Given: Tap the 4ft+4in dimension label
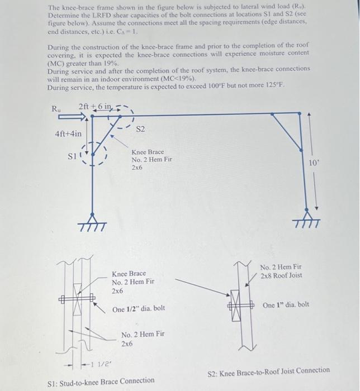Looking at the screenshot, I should click(68, 133).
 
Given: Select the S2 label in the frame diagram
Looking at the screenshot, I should click(140, 130).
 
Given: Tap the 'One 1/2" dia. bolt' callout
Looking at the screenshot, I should click(138, 309).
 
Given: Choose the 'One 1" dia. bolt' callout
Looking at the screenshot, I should click(285, 305).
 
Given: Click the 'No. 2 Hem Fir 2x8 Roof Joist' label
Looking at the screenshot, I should click(281, 272).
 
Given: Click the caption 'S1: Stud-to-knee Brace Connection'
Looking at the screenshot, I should click(102, 380).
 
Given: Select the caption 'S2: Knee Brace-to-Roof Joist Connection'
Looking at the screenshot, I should click(268, 370).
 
